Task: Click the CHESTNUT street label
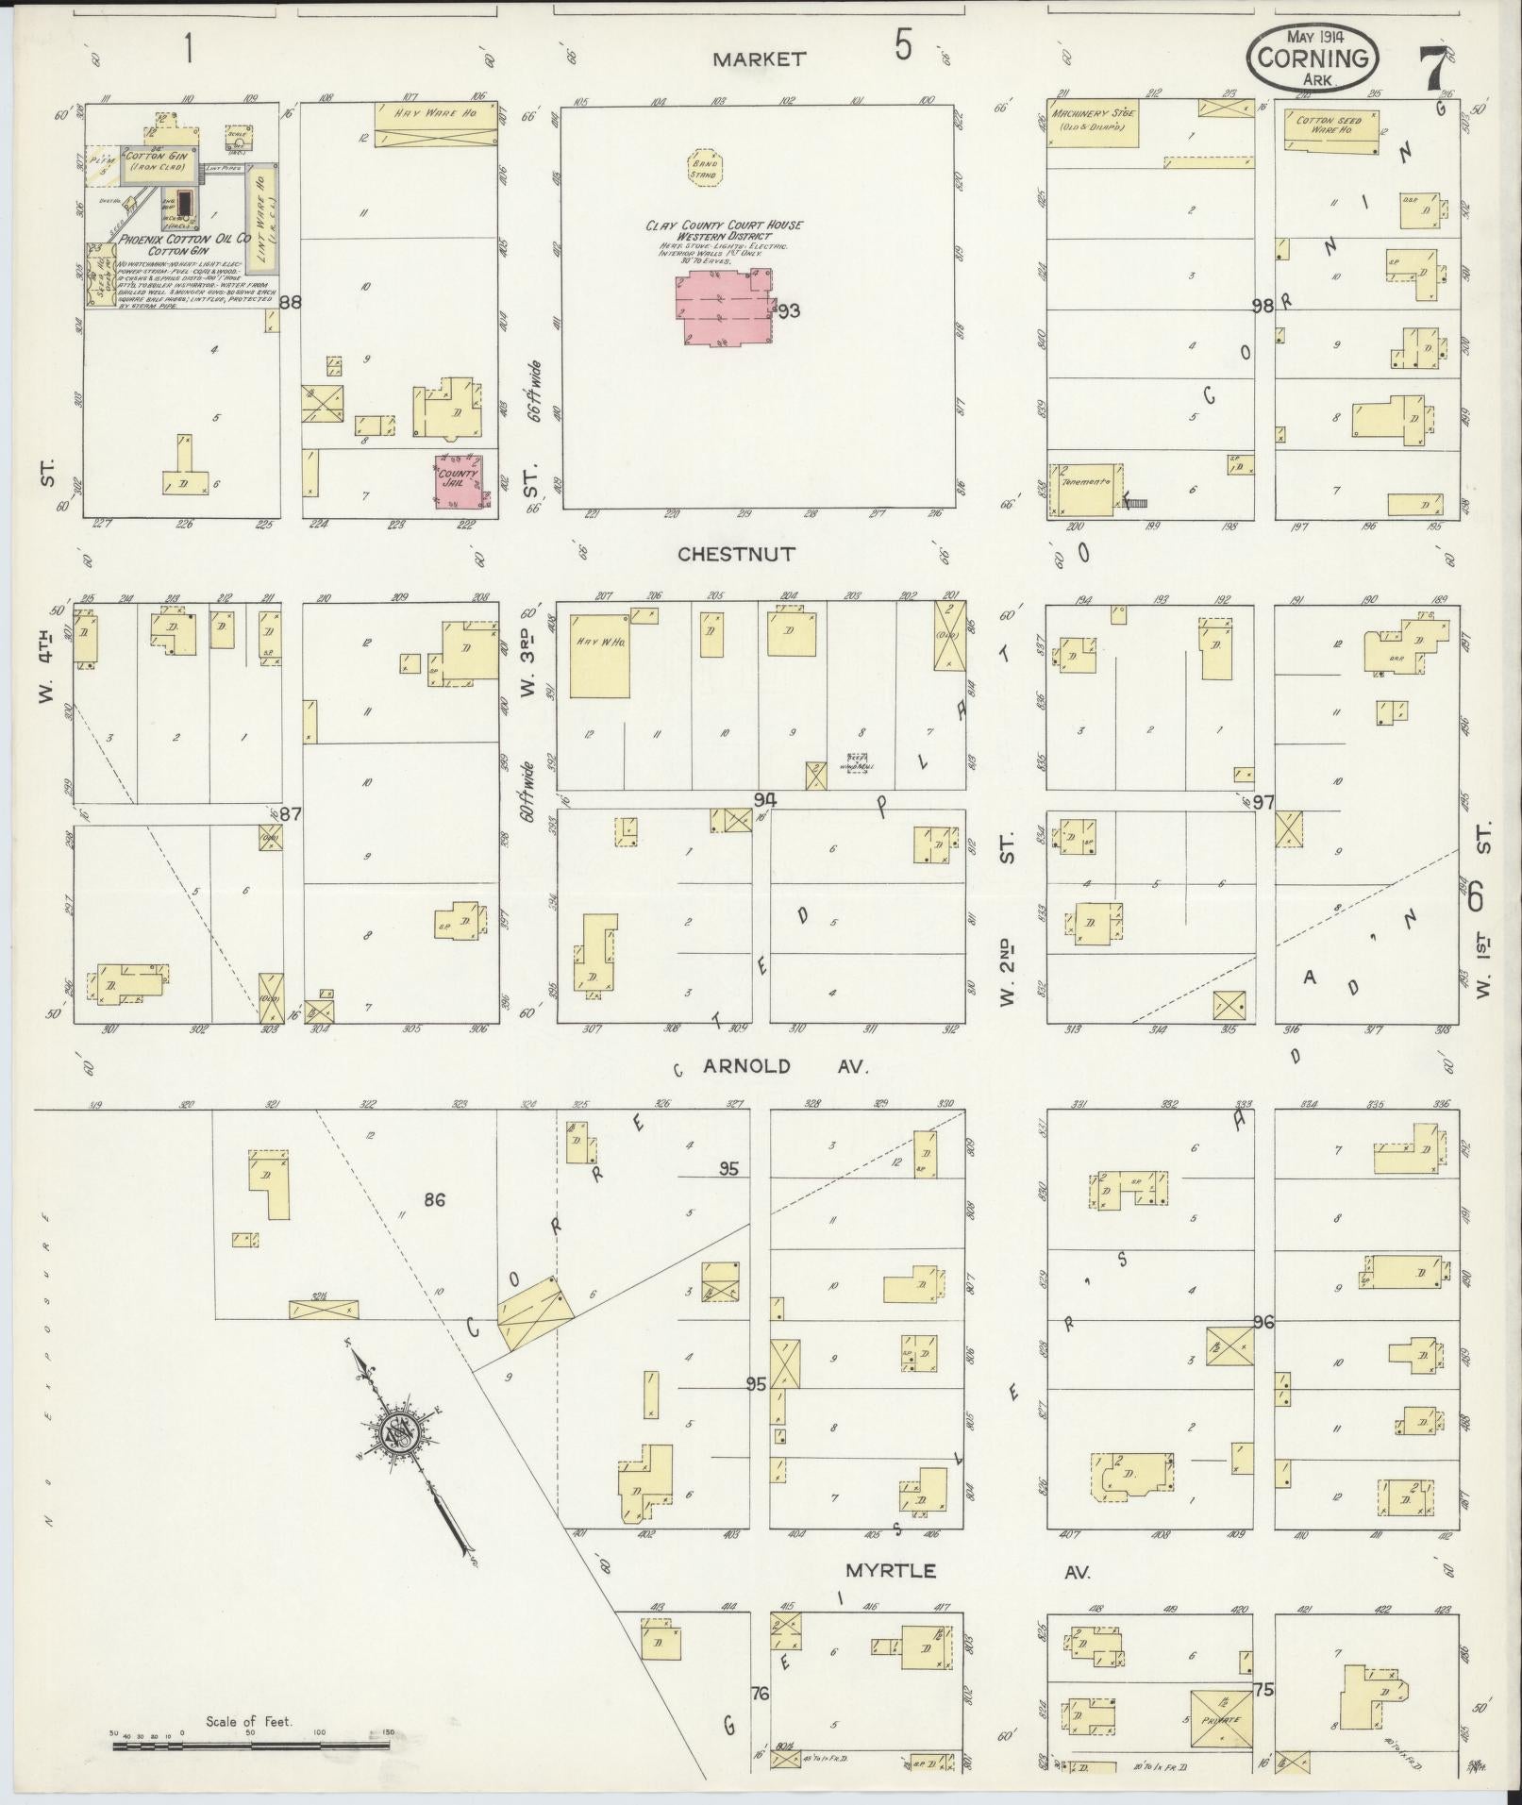[737, 554]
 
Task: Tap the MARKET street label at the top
[759, 58]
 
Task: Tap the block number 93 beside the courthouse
[788, 310]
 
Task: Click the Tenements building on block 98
[1086, 490]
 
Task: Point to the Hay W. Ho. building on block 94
[599, 660]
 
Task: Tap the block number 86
[434, 1200]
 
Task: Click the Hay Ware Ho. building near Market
[435, 124]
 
